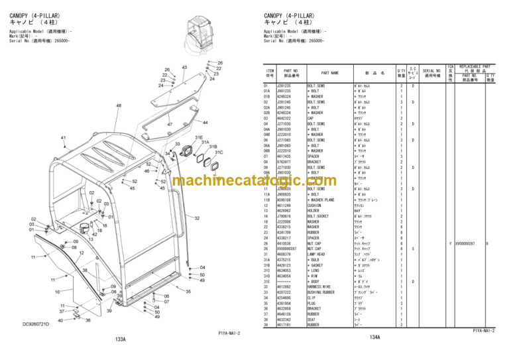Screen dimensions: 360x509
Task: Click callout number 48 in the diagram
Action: point(119,106)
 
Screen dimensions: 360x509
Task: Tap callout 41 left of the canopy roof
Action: point(64,138)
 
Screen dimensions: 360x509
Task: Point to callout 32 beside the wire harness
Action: point(197,218)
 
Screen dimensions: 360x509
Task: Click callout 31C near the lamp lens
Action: point(218,152)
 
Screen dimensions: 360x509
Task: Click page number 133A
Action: point(120,338)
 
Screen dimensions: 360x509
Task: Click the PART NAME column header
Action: point(330,73)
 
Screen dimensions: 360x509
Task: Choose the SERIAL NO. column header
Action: point(432,73)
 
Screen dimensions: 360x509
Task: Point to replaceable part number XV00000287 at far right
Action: point(470,243)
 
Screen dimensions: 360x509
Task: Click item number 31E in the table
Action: point(269,281)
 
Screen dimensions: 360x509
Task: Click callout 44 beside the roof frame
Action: point(205,123)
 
